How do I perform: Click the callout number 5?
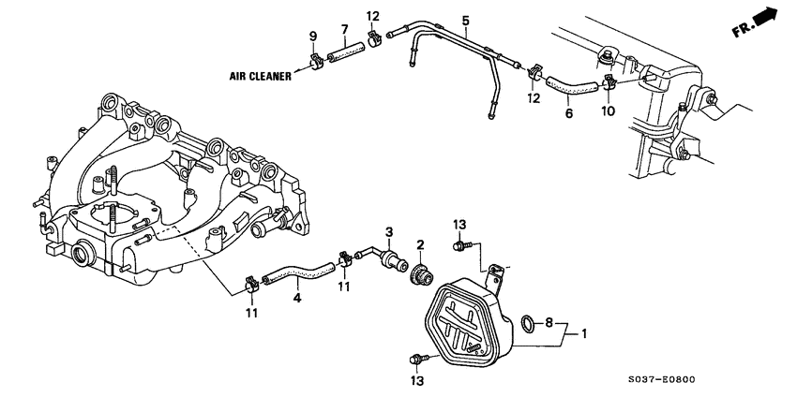click(465, 20)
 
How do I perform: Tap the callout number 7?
click(343, 29)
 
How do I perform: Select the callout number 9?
click(313, 37)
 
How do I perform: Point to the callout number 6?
click(568, 113)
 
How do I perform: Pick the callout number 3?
click(389, 231)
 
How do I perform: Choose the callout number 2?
click(421, 245)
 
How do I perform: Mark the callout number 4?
click(297, 299)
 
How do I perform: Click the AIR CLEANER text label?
click(256, 77)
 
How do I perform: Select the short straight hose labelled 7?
click(343, 57)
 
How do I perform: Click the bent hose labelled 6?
click(574, 86)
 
